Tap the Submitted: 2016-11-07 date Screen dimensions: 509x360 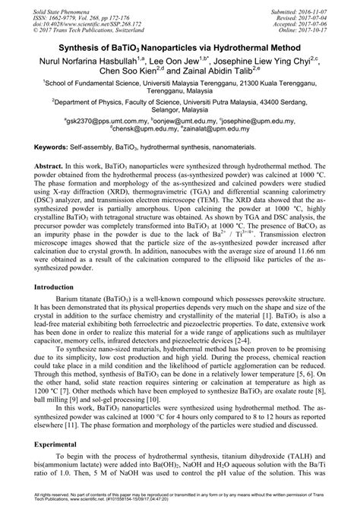(313, 6)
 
